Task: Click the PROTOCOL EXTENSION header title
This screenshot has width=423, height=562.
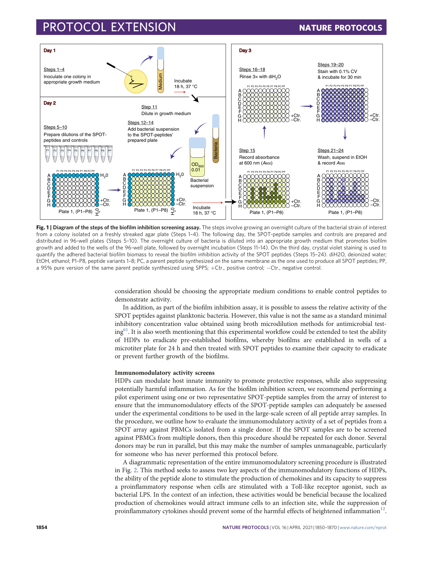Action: pyautogui.click(x=109, y=27)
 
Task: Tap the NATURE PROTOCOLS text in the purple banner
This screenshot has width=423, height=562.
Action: pyautogui.click(x=340, y=28)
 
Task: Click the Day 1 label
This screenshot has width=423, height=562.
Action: pyautogui.click(x=49, y=51)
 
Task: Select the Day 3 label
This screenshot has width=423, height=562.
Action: pyautogui.click(x=245, y=51)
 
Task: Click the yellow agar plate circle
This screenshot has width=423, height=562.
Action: pyautogui.click(x=136, y=82)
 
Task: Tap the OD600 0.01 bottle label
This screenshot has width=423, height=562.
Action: pyautogui.click(x=197, y=167)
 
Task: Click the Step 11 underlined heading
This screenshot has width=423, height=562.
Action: pyautogui.click(x=149, y=107)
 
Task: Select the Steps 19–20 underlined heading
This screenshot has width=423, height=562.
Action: pyautogui.click(x=330, y=65)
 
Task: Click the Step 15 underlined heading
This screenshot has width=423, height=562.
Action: pyautogui.click(x=247, y=151)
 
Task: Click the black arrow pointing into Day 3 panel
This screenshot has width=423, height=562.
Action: pyautogui.click(x=230, y=202)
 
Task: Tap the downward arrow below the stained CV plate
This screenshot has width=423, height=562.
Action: pyautogui.click(x=345, y=133)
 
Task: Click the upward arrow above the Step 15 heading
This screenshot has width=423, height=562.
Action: pyautogui.click(x=264, y=132)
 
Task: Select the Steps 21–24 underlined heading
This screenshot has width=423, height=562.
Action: pyautogui.click(x=330, y=151)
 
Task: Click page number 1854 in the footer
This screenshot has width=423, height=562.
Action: pyautogui.click(x=42, y=527)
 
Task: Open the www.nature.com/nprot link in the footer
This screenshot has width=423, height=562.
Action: pyautogui.click(x=363, y=527)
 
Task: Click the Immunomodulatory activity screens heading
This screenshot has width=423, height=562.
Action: pyautogui.click(x=164, y=373)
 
